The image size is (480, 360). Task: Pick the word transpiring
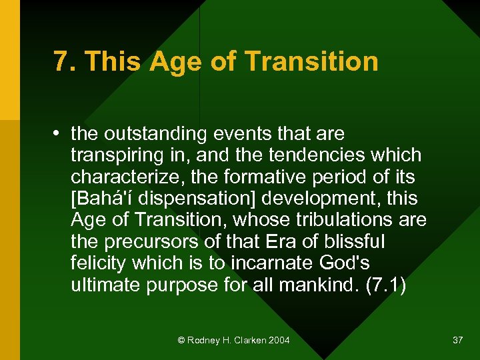114,155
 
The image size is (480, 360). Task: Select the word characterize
120,177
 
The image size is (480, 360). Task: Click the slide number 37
457,341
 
